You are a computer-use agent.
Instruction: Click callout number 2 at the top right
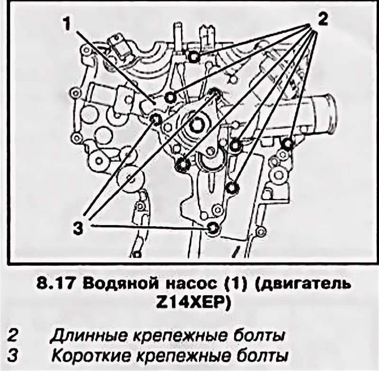322,19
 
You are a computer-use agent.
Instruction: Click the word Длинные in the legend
85,336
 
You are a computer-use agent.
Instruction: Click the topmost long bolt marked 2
193,57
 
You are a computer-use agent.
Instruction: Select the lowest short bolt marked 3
213,229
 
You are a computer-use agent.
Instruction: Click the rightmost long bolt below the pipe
286,143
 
